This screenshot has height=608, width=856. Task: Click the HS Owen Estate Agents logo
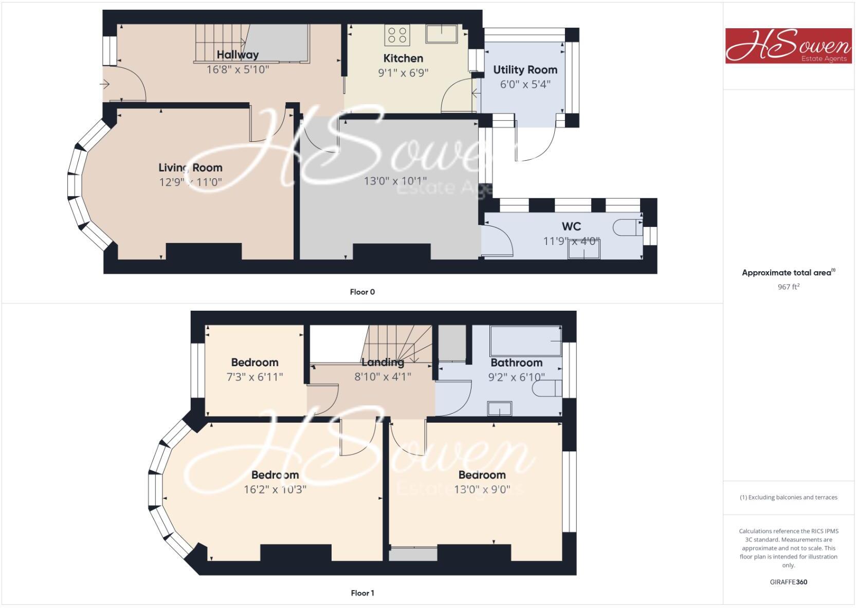(x=788, y=46)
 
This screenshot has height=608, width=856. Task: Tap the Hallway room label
(x=238, y=54)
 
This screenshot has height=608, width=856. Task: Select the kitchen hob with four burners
(x=397, y=35)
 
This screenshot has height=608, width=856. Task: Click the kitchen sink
(x=442, y=34)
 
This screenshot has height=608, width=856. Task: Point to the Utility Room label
(x=525, y=70)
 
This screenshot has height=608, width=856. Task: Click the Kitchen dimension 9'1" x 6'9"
(x=403, y=72)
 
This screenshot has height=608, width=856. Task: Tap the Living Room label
(x=190, y=167)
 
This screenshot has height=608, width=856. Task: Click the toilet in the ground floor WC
(x=629, y=227)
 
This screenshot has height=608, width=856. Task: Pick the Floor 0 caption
(x=362, y=292)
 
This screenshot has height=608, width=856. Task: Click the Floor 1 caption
(x=362, y=593)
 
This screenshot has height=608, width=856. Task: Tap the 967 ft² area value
(x=788, y=287)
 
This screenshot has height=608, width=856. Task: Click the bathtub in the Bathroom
(x=525, y=340)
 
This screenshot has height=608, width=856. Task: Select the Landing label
(x=383, y=363)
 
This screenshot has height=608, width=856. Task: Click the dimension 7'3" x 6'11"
(x=254, y=377)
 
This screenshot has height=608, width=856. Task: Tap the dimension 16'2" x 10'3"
(x=275, y=489)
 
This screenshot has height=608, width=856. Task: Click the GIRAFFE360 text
(x=788, y=582)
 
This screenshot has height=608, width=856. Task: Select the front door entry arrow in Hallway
(x=105, y=85)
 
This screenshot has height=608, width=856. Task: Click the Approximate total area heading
(x=788, y=273)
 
